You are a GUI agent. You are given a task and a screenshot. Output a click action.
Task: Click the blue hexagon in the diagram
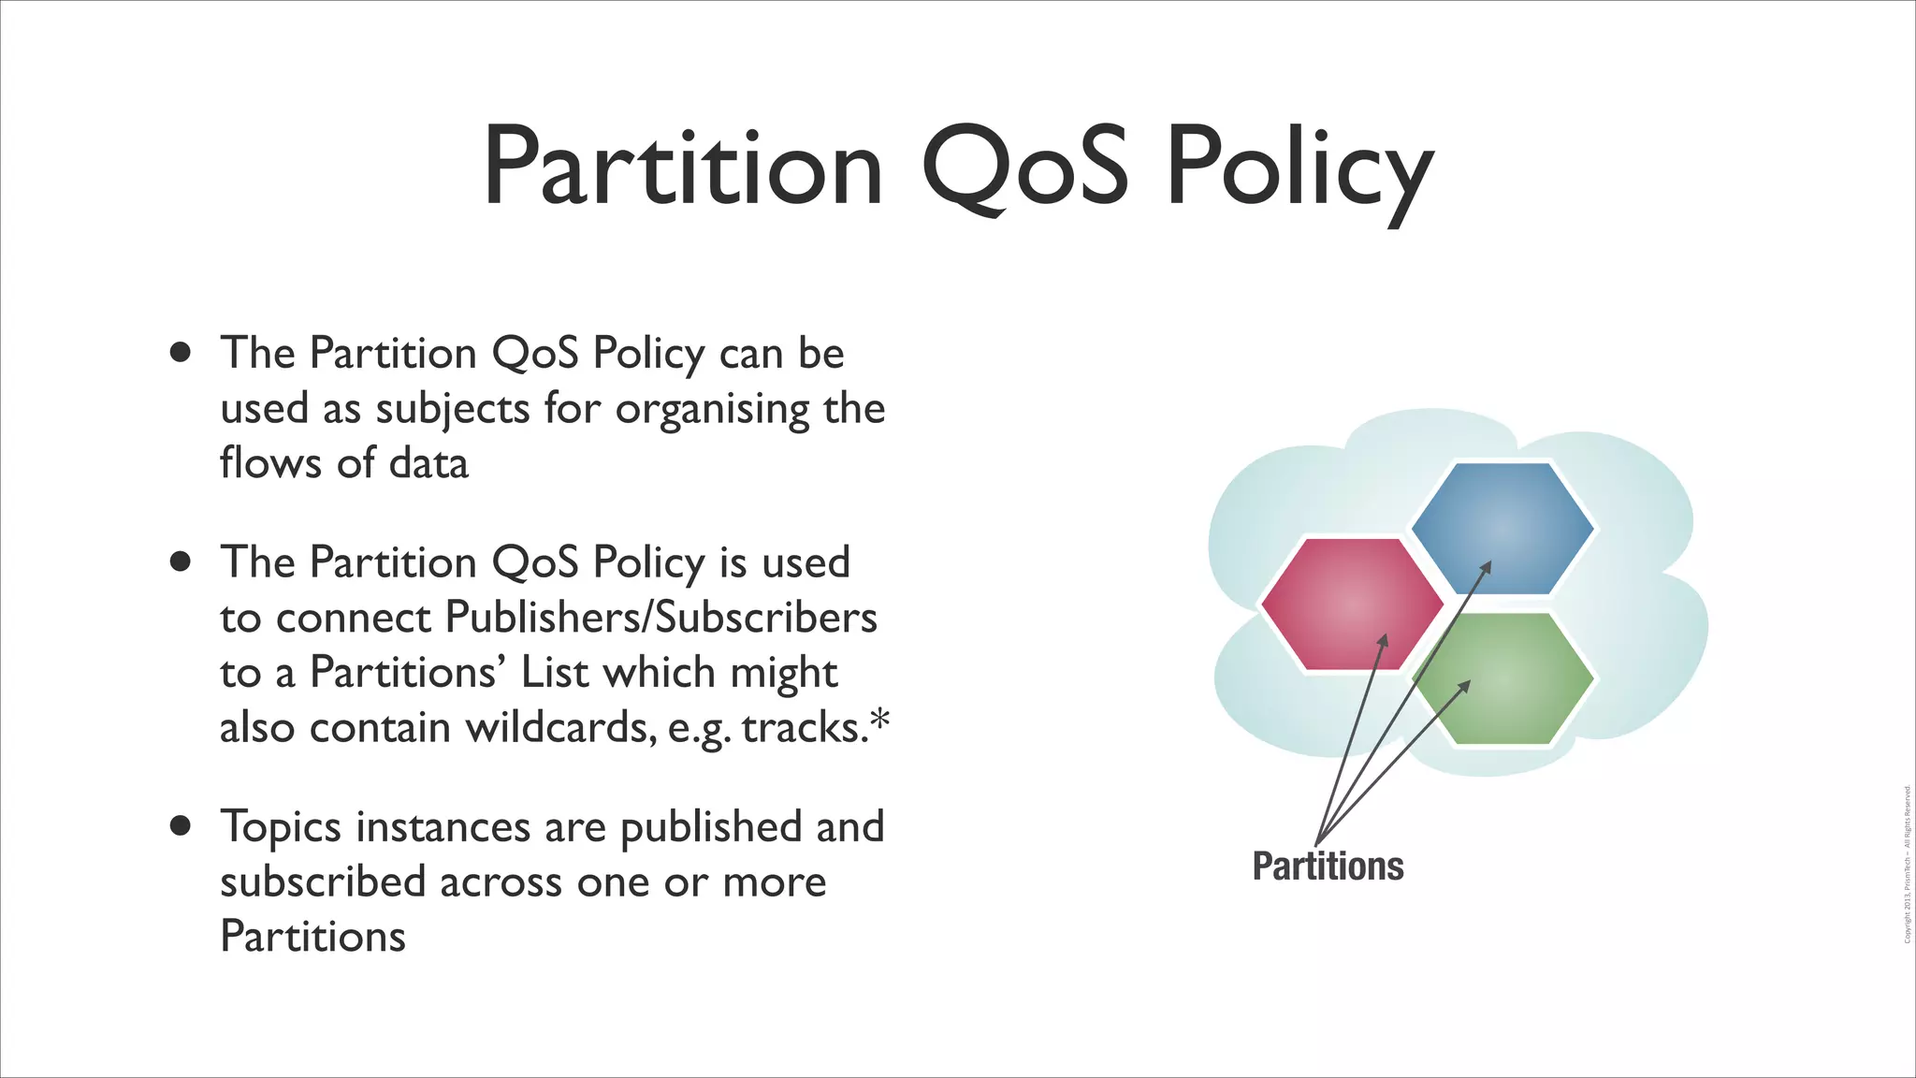1502,528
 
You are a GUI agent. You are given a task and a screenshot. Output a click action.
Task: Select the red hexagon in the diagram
1351,605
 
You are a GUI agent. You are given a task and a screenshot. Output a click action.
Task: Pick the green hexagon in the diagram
1502,679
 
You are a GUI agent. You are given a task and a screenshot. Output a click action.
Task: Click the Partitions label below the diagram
1328,866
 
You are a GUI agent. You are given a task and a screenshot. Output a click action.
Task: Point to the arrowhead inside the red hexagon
1384,641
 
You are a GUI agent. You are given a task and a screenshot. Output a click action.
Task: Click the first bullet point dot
181,353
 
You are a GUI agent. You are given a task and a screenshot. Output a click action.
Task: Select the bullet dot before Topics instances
181,826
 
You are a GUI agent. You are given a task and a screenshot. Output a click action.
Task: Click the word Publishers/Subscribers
660,617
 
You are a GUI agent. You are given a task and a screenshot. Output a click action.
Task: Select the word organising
712,410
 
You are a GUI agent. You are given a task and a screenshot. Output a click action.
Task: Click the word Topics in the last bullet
281,828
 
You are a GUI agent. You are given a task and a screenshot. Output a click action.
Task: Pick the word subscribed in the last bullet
323,881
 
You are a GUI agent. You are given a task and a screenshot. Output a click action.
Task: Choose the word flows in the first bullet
270,462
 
